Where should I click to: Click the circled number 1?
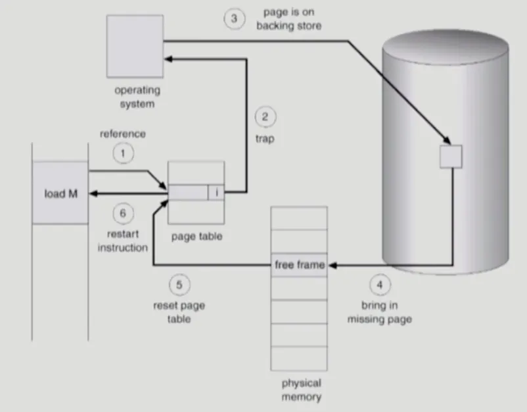[x=123, y=154]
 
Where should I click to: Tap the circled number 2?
[x=265, y=118]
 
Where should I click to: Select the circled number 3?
[x=234, y=18]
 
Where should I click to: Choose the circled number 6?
[x=123, y=213]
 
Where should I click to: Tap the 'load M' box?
[x=60, y=193]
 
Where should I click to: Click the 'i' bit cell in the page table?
[x=216, y=193]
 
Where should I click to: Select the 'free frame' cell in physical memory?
[x=299, y=265]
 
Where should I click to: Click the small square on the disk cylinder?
[x=451, y=156]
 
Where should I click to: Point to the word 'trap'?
[x=264, y=140]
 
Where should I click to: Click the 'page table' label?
[x=196, y=236]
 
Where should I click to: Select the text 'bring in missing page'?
[x=386, y=313]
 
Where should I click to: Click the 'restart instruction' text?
[x=122, y=240]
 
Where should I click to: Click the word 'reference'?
[x=123, y=134]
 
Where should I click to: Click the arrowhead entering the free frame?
[x=331, y=265]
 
